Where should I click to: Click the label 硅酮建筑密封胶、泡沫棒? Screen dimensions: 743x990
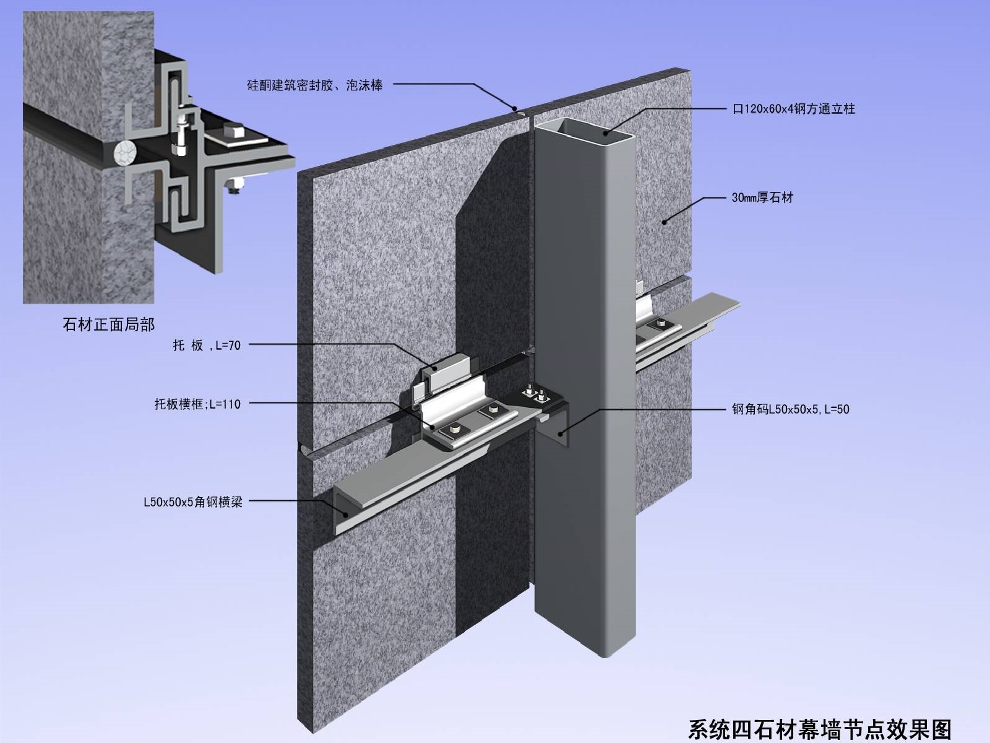point(314,85)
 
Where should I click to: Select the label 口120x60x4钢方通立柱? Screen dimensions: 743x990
point(794,109)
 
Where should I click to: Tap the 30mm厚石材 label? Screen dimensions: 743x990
point(762,198)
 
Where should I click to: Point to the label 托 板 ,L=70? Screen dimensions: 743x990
point(206,345)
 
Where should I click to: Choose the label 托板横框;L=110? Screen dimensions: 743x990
point(197,404)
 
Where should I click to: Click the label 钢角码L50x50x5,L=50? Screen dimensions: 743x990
point(790,409)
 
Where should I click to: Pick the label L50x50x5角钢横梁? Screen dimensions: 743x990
point(192,502)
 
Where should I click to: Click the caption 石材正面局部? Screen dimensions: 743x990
point(109,324)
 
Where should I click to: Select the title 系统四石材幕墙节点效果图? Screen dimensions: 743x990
point(819,729)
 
